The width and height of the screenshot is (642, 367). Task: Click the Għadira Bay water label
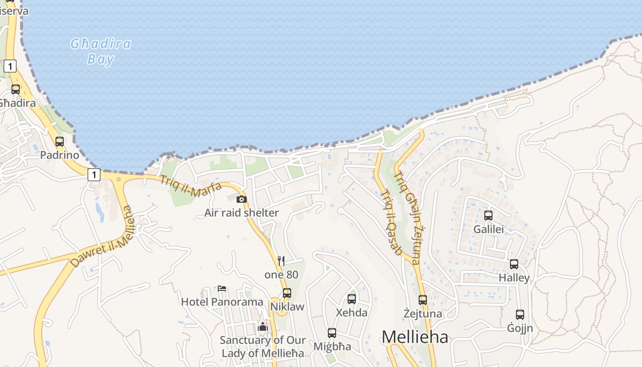point(100,51)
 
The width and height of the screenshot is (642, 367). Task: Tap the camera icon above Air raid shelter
point(242,199)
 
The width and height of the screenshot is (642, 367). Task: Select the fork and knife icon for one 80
point(281,261)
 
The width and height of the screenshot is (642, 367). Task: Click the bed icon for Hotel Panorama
point(222,289)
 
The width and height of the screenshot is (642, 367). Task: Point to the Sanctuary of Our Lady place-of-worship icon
point(263,327)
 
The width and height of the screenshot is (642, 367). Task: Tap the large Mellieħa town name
point(415,337)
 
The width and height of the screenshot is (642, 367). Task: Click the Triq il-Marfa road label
point(190,186)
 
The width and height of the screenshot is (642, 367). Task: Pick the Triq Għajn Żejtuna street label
point(407,217)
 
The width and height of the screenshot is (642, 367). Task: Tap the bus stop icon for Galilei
point(488,215)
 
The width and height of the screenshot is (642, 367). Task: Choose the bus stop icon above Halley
point(514,264)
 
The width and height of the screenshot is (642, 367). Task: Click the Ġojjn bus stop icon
point(520,314)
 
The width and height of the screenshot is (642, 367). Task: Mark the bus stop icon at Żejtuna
point(423,300)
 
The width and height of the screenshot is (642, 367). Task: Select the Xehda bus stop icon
point(352,299)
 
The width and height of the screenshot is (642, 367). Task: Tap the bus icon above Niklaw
point(287,293)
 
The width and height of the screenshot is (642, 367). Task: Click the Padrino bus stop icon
point(60,141)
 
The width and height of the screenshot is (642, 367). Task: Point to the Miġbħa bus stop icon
point(332,333)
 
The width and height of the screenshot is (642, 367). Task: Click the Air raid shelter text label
point(242,213)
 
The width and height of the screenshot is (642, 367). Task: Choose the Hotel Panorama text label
point(222,302)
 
